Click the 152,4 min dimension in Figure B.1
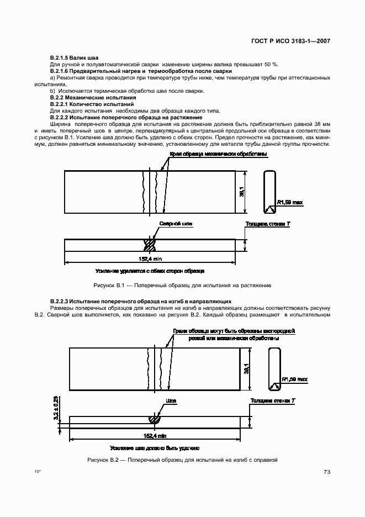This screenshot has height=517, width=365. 150,258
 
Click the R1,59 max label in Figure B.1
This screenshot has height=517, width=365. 289,202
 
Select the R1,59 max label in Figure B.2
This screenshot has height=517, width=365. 294,379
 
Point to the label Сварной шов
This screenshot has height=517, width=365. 176,224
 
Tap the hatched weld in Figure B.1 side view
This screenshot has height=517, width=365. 150,244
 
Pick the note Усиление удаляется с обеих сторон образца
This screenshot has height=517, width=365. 150,271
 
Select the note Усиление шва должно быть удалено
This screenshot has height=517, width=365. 154,448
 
